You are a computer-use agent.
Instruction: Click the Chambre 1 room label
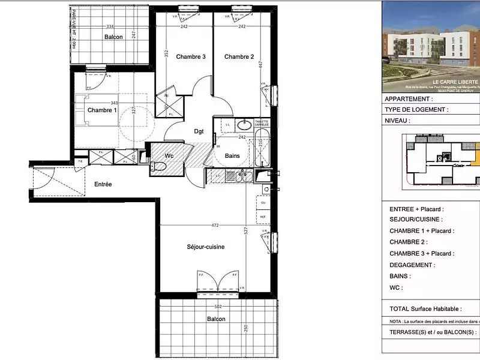tap(102, 110)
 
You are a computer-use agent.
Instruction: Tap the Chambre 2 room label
tap(239, 57)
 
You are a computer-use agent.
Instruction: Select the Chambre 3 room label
tap(191, 57)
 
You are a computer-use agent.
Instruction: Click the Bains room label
tap(233, 155)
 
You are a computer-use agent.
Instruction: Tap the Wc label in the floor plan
tap(169, 155)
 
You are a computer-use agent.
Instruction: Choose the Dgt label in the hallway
tap(199, 131)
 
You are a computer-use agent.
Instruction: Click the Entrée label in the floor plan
tap(103, 184)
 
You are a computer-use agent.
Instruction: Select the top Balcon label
tap(113, 37)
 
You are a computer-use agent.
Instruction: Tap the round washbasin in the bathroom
tap(244, 125)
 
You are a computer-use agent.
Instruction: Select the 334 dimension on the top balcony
tap(110, 26)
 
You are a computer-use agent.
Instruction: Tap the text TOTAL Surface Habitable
tap(425, 309)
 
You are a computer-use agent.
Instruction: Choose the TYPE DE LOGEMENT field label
tap(415, 110)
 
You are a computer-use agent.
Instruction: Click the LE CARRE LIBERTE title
tap(455, 82)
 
